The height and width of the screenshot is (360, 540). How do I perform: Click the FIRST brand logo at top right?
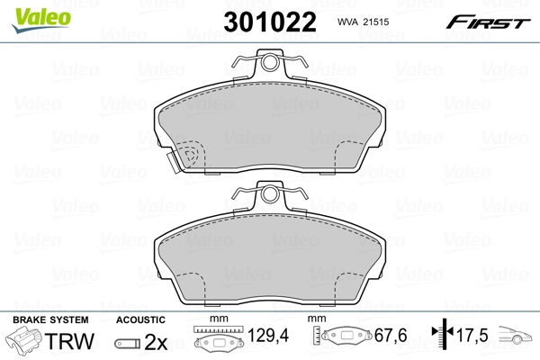[492, 21]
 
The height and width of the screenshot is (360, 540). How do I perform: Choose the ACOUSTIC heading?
[140, 319]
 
